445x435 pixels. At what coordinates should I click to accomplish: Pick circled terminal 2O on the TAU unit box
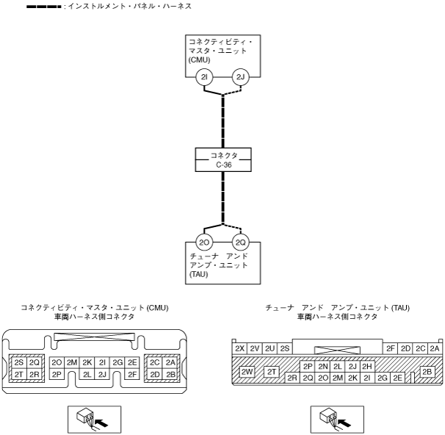[205, 242]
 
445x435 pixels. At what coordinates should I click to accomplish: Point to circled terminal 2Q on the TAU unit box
[240, 242]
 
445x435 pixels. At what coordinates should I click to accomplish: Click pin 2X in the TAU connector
[239, 348]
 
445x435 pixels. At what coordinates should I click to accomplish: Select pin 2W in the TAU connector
[247, 371]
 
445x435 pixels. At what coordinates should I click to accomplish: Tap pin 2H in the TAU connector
[367, 366]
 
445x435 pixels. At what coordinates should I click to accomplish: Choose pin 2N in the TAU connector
[323, 366]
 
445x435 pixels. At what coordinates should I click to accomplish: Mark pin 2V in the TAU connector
[255, 348]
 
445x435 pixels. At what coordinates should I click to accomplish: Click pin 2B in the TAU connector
[427, 371]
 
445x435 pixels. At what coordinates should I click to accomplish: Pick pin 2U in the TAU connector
[269, 348]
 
